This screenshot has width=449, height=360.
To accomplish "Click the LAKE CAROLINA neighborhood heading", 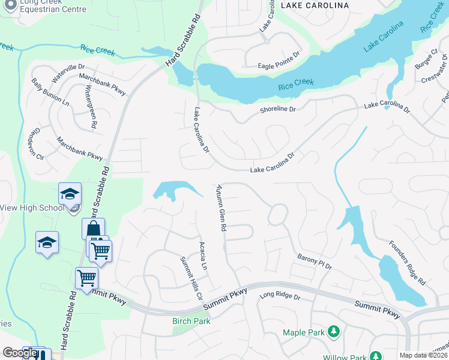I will (315, 5).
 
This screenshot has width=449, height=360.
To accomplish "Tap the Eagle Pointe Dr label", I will (279, 66).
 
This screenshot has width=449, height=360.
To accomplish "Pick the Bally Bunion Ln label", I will (51, 92).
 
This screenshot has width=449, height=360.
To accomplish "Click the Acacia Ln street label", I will (203, 256).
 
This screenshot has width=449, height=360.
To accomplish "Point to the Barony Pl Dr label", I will (315, 261).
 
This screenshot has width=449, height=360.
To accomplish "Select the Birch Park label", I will (191, 321).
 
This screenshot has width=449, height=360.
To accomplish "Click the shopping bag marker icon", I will (93, 229).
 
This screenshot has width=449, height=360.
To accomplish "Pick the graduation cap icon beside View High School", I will (70, 194).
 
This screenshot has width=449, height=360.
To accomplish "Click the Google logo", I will (20, 353).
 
